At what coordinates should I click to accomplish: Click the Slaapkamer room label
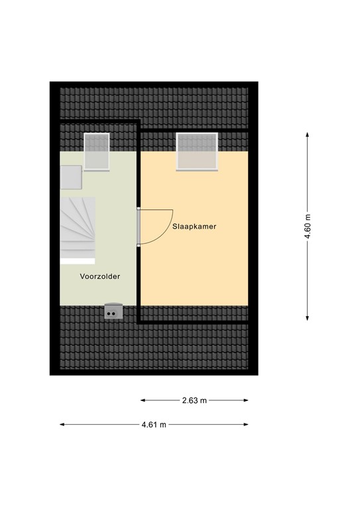pos(194,226)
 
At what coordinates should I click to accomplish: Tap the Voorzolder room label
pos(99,277)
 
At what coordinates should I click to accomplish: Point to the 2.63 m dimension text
pos(195,400)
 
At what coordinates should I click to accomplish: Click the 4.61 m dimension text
pos(153,424)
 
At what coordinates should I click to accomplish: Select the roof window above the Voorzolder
pos(96,152)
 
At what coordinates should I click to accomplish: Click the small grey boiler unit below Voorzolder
pos(113,311)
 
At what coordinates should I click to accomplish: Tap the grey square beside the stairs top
pos(71,177)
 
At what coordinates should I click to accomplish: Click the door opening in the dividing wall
pos(139,227)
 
